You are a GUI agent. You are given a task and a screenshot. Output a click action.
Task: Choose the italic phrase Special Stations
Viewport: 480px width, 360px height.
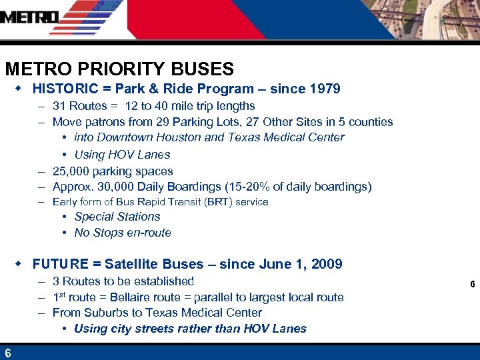tap(117, 217)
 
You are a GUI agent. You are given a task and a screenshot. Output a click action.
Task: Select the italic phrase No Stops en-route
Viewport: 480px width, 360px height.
tap(123, 233)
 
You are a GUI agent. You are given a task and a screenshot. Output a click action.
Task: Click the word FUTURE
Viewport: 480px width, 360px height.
tap(60, 264)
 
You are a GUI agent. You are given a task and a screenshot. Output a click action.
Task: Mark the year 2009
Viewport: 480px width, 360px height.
tap(327, 264)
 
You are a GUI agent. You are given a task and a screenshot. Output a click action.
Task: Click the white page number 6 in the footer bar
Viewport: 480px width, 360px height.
tap(7, 353)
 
